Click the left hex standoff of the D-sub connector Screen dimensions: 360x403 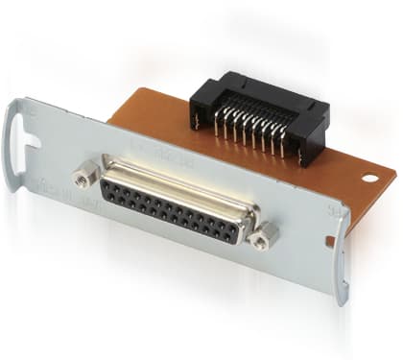pyautogui.click(x=83, y=177)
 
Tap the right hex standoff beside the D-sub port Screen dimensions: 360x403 pyautogui.click(x=266, y=232)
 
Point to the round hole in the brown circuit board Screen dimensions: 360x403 pyautogui.click(x=369, y=178)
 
